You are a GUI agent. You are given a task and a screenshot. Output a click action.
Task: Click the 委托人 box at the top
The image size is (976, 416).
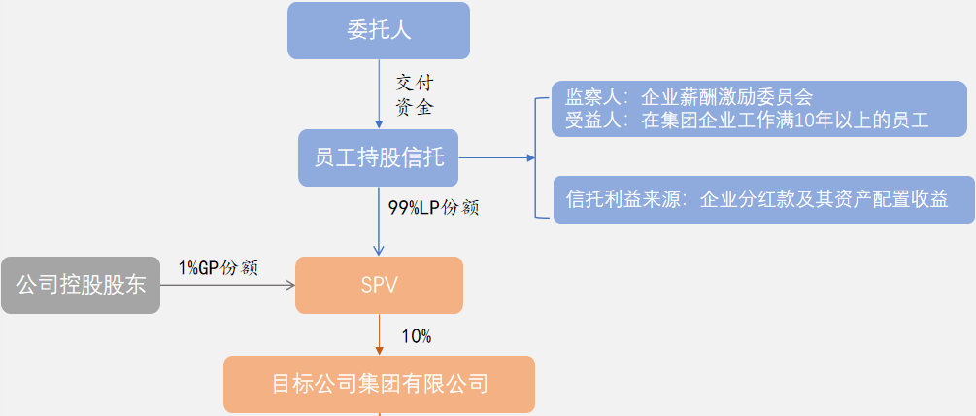click(379, 30)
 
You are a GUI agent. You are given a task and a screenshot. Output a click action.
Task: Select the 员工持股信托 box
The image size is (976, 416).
click(379, 157)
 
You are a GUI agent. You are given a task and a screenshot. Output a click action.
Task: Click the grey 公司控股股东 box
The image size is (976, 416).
click(81, 286)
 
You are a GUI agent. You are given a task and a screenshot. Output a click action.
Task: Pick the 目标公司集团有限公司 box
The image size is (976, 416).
click(379, 384)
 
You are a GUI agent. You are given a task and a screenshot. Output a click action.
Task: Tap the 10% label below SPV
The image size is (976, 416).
click(417, 336)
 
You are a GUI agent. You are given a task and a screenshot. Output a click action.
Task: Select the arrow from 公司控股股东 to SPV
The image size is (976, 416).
click(227, 286)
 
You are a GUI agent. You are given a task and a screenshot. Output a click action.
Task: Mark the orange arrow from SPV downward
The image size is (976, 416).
click(379, 335)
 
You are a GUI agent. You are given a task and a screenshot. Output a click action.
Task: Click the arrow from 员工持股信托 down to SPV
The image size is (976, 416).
click(379, 222)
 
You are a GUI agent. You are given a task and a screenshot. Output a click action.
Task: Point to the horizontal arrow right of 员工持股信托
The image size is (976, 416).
click(495, 157)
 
